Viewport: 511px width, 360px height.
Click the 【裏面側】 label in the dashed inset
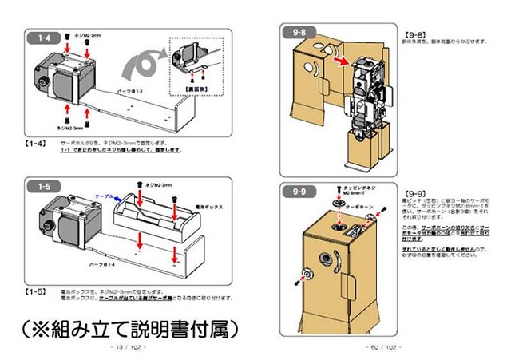click(196, 80)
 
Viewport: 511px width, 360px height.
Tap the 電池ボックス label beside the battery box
click(197, 206)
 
